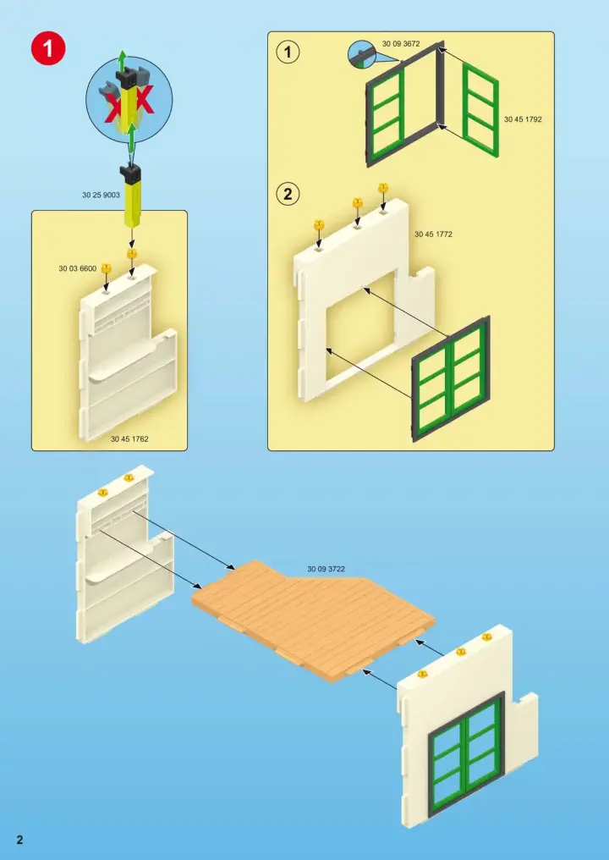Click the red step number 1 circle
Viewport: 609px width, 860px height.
(48, 49)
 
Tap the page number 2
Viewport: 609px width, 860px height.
(20, 840)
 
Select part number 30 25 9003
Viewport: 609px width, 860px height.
(101, 195)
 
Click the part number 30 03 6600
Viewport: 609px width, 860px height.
(77, 268)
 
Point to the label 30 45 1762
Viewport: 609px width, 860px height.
(129, 438)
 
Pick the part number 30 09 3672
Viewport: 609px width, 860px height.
(401, 44)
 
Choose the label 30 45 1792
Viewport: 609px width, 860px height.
(523, 119)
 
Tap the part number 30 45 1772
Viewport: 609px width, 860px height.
(433, 234)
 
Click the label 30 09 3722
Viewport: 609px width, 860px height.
(326, 569)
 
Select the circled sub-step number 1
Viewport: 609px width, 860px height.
(288, 52)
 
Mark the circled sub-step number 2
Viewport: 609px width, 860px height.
(288, 194)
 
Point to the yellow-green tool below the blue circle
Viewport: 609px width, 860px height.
(132, 197)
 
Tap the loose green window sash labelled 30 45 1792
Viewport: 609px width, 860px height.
(480, 110)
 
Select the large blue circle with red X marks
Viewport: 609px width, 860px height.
(129, 100)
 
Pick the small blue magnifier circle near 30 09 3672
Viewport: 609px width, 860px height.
(362, 54)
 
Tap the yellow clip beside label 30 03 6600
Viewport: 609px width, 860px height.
(107, 269)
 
